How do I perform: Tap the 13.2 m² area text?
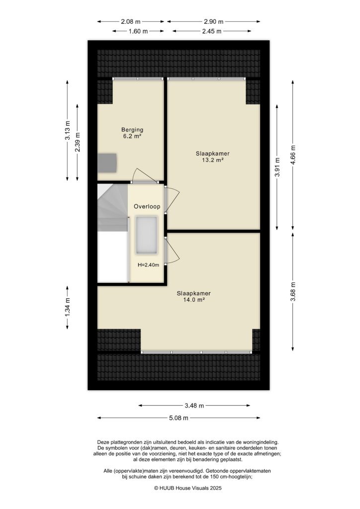[x=212, y=160]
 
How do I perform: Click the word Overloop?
[x=146, y=206]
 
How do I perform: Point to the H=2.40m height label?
[x=148, y=265]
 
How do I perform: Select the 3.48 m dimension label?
[x=194, y=406]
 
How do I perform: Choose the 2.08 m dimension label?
[x=131, y=21]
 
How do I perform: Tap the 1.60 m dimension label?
[x=138, y=31]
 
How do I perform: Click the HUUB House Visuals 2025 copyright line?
[x=180, y=488]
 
